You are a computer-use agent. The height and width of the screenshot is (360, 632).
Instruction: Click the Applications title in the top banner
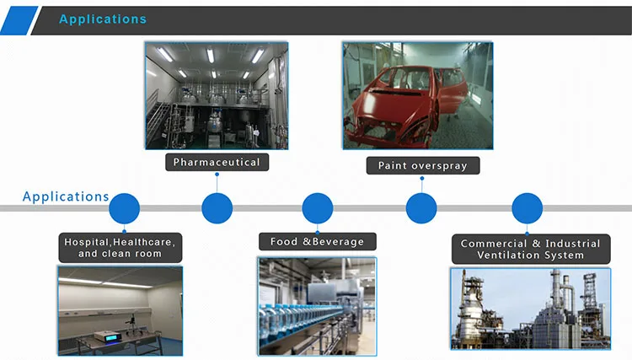coord(102,19)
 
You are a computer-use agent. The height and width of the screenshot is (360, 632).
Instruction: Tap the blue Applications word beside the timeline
coord(66,196)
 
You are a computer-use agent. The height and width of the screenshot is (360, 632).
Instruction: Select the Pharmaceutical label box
coord(217,161)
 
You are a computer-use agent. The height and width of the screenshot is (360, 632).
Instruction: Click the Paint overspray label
coord(422,164)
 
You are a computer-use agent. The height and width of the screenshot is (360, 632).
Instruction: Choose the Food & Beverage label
coord(317,241)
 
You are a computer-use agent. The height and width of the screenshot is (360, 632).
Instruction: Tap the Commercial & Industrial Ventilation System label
coord(530,249)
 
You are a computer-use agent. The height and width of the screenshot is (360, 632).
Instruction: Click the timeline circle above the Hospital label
coord(124,208)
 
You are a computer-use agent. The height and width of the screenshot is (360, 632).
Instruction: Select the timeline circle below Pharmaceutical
coord(217,208)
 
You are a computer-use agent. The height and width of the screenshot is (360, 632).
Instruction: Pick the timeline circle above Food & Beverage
coord(317,208)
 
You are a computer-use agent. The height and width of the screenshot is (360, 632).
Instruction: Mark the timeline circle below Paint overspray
coord(421,208)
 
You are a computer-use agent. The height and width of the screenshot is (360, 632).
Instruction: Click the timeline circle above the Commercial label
coord(527,208)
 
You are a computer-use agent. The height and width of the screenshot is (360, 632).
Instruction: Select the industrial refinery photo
coord(530,309)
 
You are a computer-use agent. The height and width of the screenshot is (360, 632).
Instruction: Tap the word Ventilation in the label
coord(509,255)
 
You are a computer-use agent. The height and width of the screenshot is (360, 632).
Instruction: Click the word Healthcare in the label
coord(148,242)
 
